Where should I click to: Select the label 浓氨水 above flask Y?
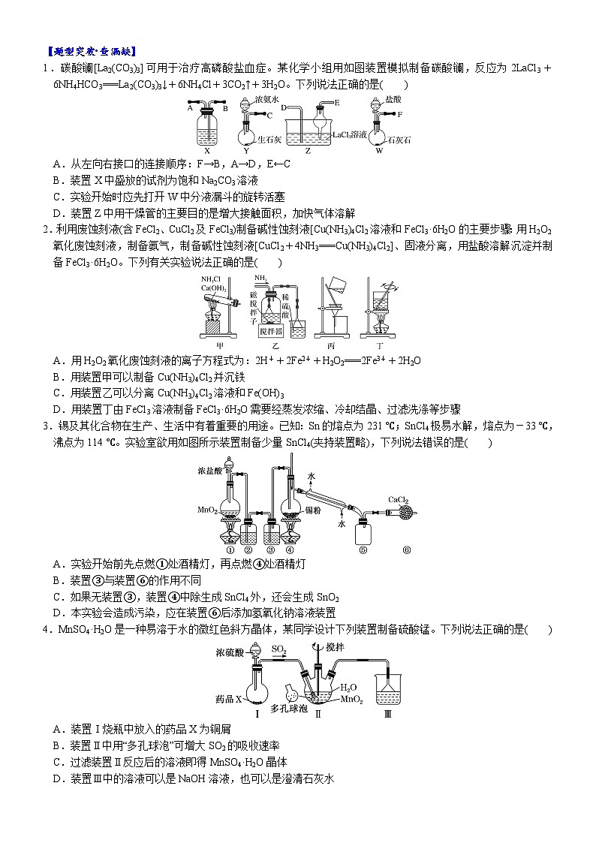[266, 99]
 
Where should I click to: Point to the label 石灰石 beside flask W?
[399, 140]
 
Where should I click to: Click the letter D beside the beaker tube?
[284, 107]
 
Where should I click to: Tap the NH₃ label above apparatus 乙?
[260, 278]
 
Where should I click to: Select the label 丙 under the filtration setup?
[330, 345]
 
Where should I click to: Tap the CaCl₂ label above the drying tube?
[398, 499]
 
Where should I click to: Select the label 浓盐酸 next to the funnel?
[209, 471]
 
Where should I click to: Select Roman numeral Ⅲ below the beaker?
[387, 714]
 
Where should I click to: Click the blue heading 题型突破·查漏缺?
[91, 52]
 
